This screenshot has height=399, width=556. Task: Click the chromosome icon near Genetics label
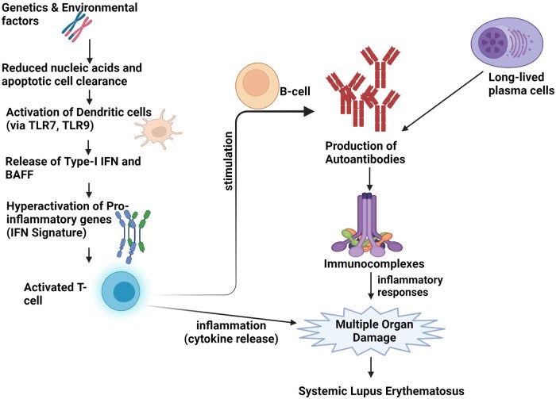[77, 26]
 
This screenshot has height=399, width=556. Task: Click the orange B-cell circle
[257, 86]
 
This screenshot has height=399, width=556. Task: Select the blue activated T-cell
[121, 291]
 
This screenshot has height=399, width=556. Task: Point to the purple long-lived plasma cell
[507, 43]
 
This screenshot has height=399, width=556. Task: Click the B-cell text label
[295, 91]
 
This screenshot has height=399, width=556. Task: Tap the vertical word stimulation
[229, 161]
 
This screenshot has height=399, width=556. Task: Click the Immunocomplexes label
[374, 264]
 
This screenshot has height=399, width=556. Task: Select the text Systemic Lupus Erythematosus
[381, 391]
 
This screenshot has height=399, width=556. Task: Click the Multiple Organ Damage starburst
[371, 331]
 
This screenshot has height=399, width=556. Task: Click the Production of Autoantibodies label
[365, 152]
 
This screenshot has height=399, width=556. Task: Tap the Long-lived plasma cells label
[521, 84]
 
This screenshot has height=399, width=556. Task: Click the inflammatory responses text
[410, 286]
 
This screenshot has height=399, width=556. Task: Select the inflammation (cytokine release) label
[231, 332]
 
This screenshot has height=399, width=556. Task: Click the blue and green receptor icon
[133, 236]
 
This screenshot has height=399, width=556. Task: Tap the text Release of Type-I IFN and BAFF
[73, 168]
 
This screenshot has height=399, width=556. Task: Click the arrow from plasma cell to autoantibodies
[442, 102]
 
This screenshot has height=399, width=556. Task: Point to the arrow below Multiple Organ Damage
[371, 367]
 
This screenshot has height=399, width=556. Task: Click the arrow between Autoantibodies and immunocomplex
[369, 179]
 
